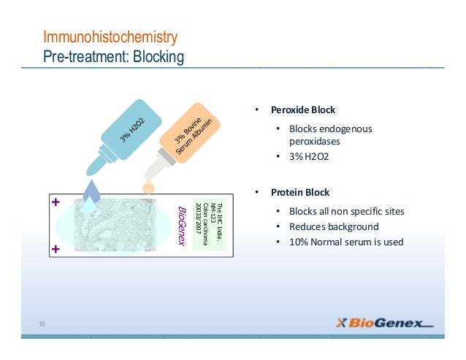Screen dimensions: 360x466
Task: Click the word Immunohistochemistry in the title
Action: [110, 37]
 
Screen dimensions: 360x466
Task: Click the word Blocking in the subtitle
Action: [157, 55]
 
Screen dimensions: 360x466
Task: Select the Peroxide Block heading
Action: [302, 110]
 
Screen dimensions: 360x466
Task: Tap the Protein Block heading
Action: [299, 193]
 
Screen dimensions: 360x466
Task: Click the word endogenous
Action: [346, 129]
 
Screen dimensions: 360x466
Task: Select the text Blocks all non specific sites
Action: [347, 212]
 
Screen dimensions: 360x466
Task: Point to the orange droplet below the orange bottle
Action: [148, 188]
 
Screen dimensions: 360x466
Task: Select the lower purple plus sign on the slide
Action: [55, 249]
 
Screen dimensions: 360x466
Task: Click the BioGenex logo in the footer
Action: [383, 323]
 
